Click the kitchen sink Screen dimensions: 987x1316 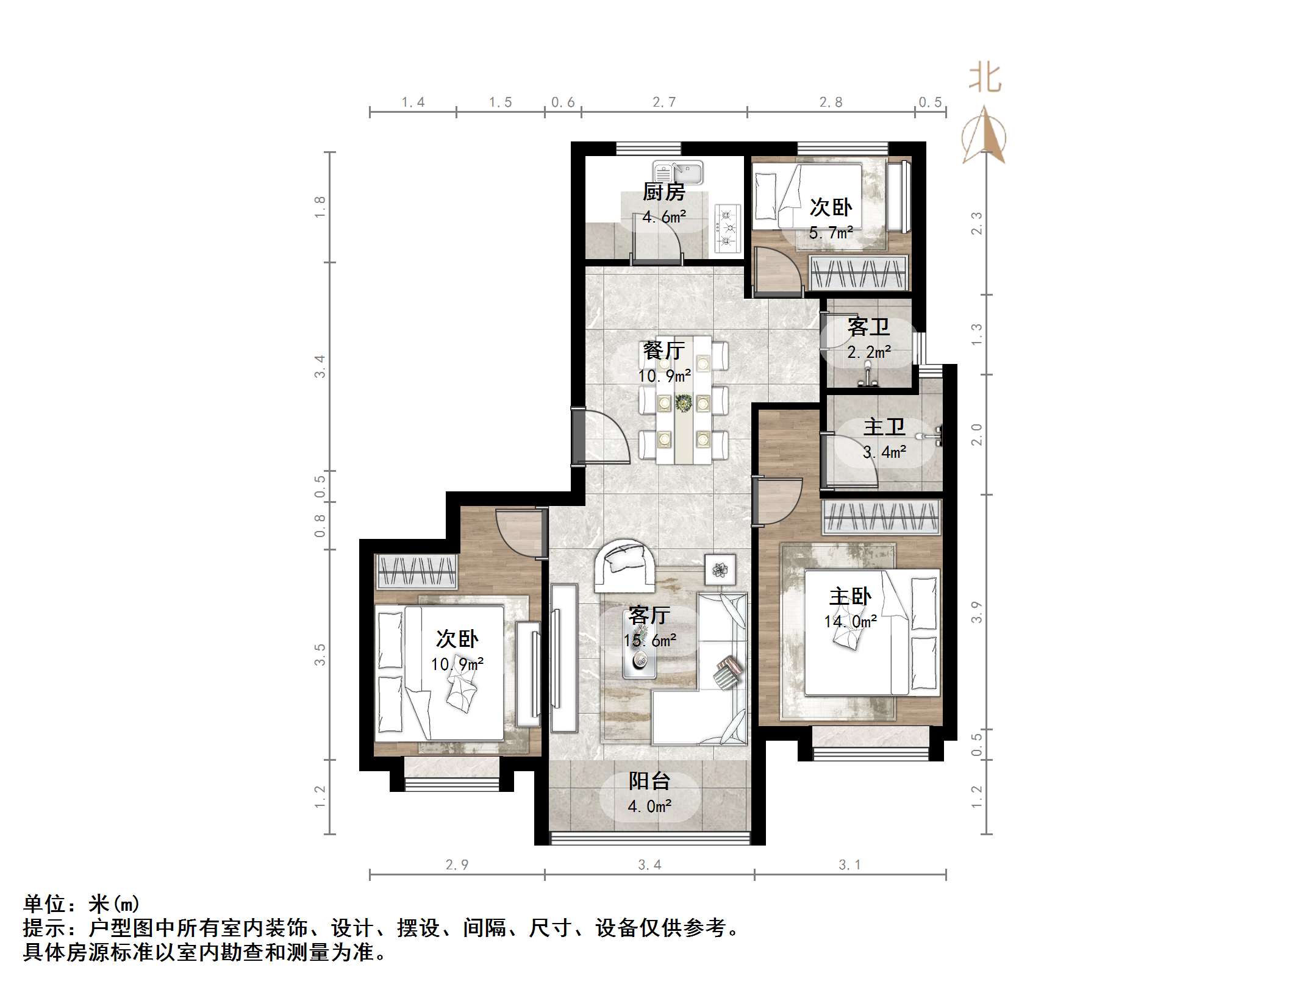(678, 172)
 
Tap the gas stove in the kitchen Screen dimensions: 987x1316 (727, 229)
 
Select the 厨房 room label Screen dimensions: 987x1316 (663, 192)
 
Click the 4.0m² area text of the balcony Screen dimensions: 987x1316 (649, 807)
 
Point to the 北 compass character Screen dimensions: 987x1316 (984, 79)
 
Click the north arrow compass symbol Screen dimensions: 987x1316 (984, 135)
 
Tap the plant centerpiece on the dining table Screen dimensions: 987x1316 (684, 403)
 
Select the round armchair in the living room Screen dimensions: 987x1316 (625, 565)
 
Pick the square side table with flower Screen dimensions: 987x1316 (720, 570)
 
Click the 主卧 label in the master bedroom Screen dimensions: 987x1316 (850, 596)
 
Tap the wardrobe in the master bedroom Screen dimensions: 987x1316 (881, 517)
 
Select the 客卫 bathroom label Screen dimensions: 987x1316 (868, 327)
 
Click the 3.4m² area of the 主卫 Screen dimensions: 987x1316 (884, 452)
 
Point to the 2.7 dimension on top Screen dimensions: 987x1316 (663, 102)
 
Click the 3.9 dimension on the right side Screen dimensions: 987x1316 (976, 612)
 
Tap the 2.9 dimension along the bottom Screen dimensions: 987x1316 (457, 864)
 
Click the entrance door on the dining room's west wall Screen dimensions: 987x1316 (578, 437)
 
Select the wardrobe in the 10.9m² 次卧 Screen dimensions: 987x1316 (417, 572)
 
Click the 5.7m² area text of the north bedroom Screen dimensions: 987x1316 (831, 233)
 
